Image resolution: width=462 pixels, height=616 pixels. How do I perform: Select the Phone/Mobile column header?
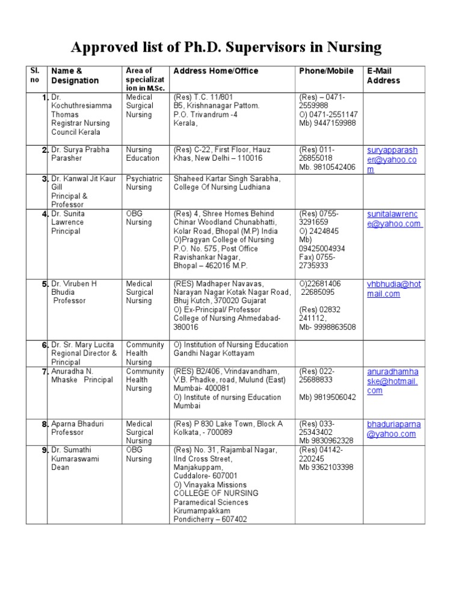326,71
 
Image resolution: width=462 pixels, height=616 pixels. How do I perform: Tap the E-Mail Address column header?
383,76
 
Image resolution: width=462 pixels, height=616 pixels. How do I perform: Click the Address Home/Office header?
216,71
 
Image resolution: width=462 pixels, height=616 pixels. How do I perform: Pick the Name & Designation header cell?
75,76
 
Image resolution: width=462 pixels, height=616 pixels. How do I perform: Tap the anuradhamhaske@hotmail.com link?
392,381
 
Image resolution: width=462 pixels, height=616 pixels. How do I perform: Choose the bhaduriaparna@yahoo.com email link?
393,429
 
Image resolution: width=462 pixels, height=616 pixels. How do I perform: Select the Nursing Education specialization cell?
143,154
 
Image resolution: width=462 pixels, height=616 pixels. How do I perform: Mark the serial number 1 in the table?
45,97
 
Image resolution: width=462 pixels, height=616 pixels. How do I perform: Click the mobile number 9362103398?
333,467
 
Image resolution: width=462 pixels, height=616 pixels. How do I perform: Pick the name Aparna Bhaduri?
78,424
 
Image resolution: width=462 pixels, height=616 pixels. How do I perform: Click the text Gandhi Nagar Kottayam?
211,353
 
